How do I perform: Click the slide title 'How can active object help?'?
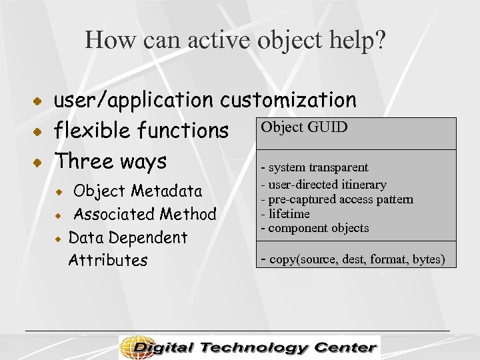235,41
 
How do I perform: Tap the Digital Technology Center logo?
249,347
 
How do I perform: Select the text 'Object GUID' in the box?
304,127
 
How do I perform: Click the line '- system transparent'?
314,167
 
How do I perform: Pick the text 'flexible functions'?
141,131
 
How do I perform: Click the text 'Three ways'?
111,161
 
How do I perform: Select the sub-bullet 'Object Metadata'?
137,191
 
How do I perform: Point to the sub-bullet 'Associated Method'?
145,214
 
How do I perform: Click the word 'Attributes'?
107,260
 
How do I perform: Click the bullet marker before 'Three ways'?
40,162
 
